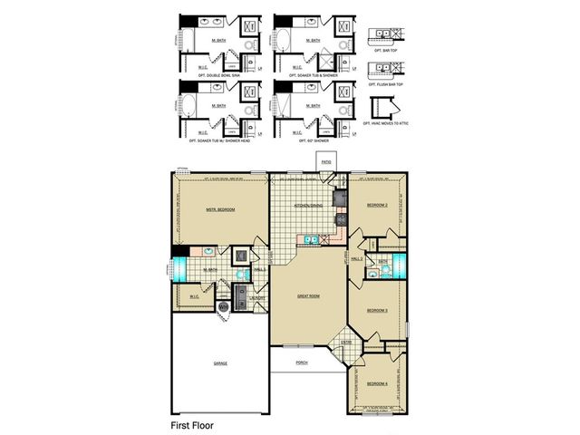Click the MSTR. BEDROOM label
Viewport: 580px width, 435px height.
220,210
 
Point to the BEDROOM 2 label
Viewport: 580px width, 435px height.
377,205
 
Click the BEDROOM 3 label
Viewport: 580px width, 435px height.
377,310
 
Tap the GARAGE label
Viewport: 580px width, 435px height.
220,362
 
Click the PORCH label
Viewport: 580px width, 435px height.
302,362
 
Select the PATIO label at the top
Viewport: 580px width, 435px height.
325,162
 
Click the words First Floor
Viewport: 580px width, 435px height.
193,423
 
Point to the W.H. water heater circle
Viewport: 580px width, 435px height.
224,306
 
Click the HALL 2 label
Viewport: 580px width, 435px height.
356,260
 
